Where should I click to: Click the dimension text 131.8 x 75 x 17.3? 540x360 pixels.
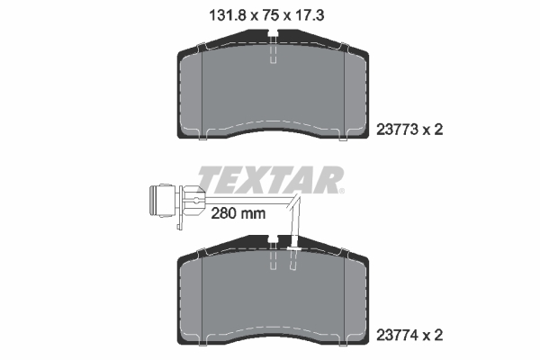[271, 13]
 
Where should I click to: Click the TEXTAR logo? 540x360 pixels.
[269, 180]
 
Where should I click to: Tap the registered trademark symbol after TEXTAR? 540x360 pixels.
[341, 190]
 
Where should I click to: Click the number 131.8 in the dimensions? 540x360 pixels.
[214, 13]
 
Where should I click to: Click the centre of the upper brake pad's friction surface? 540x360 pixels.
[271, 90]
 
